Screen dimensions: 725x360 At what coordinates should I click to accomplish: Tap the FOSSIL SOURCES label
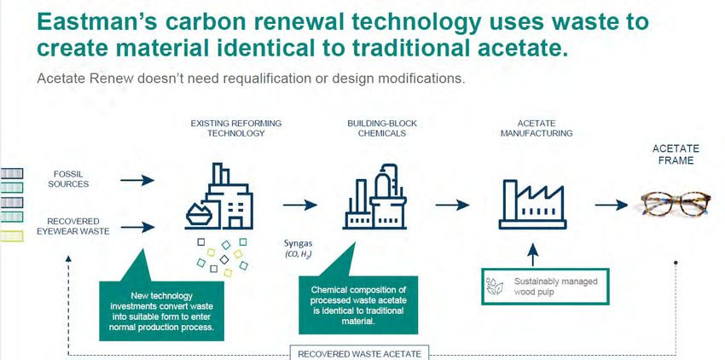point(68,179)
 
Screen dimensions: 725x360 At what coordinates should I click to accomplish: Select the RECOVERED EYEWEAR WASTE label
point(73,226)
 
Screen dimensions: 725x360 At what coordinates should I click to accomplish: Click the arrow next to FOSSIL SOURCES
point(137,180)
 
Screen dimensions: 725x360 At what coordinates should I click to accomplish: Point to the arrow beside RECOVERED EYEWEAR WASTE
point(137,227)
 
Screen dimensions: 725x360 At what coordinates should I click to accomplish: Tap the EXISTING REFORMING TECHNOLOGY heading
point(235,128)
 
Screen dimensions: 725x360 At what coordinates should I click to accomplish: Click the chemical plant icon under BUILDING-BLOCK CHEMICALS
point(374,196)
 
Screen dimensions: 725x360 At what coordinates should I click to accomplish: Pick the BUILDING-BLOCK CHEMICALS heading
point(382,128)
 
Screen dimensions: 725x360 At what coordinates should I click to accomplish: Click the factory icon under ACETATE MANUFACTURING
point(532,204)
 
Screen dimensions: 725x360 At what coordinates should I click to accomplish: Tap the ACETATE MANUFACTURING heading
point(536,128)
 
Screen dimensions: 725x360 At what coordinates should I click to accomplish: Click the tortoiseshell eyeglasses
point(676,204)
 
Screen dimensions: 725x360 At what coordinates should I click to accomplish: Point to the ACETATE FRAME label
point(676,154)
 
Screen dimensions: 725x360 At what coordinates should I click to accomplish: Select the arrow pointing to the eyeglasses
point(612,205)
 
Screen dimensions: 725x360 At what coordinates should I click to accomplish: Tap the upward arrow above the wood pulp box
point(532,254)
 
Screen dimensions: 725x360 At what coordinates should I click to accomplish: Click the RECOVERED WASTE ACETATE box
point(359,352)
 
